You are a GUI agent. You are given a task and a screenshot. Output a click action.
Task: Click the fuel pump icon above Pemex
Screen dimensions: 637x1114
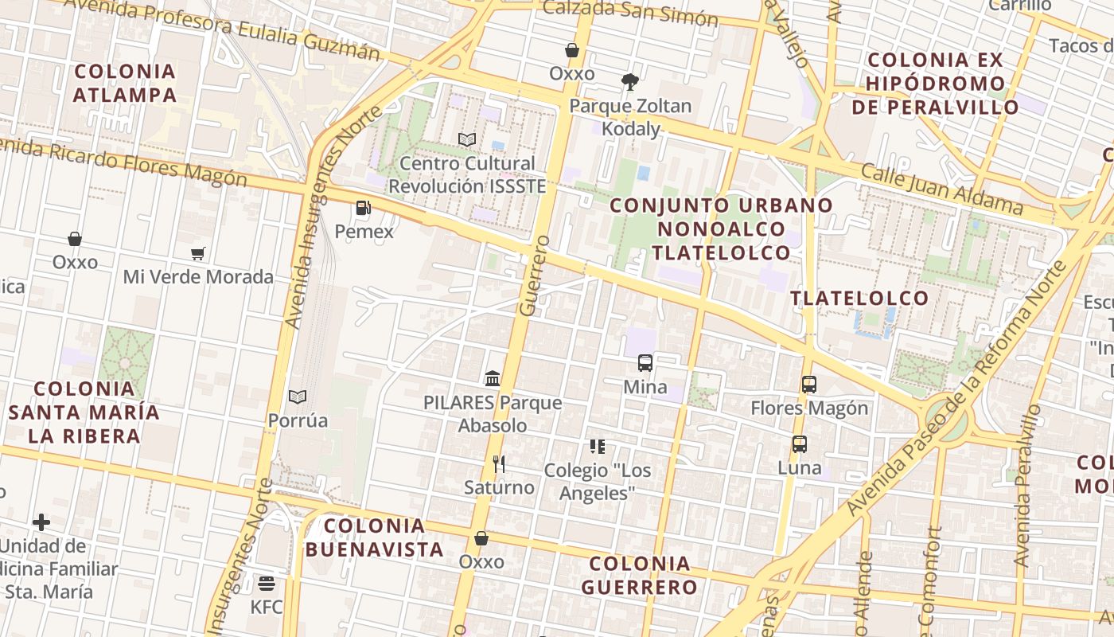tap(363, 209)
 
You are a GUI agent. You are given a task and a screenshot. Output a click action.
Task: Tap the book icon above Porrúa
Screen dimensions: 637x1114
tap(298, 397)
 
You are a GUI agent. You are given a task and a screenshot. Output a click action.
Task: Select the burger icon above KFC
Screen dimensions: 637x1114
tap(267, 584)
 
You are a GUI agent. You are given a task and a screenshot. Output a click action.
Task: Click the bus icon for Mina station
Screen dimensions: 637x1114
tap(645, 363)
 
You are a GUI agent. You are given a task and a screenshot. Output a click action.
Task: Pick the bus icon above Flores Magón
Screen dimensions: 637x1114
tap(809, 385)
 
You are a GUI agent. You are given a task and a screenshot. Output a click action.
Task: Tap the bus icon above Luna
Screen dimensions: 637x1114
tap(800, 444)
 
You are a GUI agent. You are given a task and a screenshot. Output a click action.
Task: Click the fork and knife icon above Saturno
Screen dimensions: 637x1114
tap(499, 463)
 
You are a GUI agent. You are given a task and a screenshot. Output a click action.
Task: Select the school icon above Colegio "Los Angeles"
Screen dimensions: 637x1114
tap(598, 447)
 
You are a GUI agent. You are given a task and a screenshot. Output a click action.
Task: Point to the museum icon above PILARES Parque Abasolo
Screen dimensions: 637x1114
tap(493, 378)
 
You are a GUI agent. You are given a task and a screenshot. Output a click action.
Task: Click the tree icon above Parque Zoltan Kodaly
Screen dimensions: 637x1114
tap(630, 81)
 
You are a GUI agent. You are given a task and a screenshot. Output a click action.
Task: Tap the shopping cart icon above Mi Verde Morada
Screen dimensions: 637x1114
tap(198, 253)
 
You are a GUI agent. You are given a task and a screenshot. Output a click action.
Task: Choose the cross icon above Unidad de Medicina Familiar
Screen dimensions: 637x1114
tap(41, 522)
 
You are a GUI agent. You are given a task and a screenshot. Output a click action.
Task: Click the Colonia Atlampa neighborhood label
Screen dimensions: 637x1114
tap(125, 83)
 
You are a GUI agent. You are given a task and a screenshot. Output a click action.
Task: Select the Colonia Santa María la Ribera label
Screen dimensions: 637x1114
tap(84, 412)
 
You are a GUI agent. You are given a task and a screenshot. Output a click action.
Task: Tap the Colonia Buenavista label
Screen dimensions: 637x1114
tap(375, 537)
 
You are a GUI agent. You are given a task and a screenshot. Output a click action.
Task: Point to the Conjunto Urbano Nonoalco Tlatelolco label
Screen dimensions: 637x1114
tap(721, 229)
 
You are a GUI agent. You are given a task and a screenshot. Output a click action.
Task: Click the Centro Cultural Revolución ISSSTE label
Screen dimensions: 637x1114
tap(467, 174)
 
